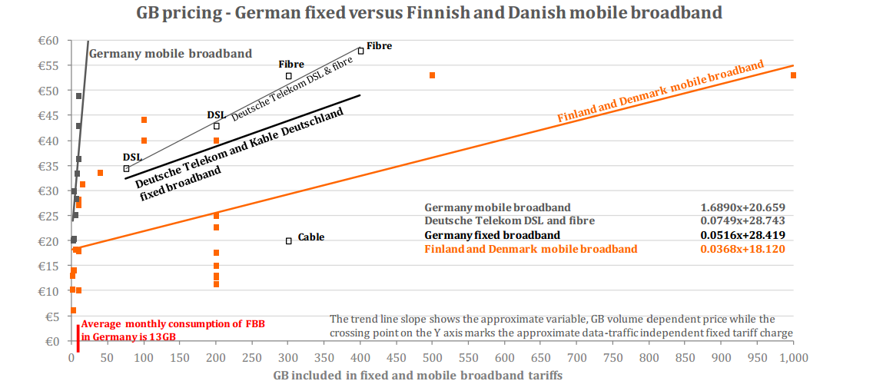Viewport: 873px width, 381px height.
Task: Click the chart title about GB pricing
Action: point(430,12)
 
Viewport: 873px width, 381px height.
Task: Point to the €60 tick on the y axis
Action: point(53,41)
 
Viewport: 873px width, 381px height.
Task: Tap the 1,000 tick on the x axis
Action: point(793,357)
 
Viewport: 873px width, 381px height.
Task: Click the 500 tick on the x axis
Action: point(433,357)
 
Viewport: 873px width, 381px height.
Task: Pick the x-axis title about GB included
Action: point(417,374)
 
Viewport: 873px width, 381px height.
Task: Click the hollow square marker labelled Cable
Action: point(289,240)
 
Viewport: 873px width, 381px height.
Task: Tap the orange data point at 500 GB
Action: point(433,75)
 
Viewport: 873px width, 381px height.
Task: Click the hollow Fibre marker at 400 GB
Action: point(360,51)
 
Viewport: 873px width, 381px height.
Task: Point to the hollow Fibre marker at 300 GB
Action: point(289,76)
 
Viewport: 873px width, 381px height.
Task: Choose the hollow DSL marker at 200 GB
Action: point(217,126)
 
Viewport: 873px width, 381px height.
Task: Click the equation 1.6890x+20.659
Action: point(742,207)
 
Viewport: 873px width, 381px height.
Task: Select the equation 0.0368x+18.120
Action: point(742,249)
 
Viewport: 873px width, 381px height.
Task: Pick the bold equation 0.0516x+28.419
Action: point(742,235)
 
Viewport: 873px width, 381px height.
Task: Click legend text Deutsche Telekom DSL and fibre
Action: point(499,221)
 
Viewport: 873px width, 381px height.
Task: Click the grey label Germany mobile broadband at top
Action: point(171,54)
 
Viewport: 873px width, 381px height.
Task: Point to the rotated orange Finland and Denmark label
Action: point(660,92)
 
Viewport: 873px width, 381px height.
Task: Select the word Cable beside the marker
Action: point(311,237)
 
